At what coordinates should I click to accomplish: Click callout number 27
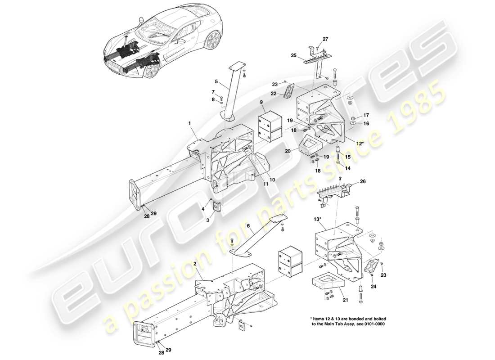pyautogui.click(x=325, y=39)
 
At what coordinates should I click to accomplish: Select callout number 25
pyautogui.click(x=293, y=56)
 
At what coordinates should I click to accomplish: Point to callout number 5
pyautogui.click(x=216, y=82)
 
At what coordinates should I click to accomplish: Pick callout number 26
pyautogui.click(x=364, y=182)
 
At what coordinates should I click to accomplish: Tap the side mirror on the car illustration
pyautogui.click(x=182, y=41)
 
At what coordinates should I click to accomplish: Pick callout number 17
pyautogui.click(x=366, y=115)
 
